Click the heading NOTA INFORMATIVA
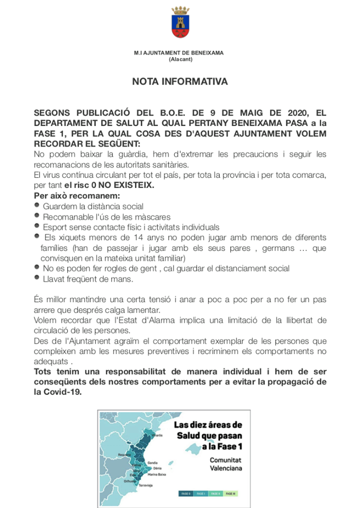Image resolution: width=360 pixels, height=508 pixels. click(x=180, y=82)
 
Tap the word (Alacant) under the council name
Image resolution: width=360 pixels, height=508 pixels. click(x=180, y=59)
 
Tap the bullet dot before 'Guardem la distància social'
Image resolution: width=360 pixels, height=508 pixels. click(x=37, y=205)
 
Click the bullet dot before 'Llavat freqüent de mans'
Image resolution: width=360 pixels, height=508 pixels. click(x=37, y=278)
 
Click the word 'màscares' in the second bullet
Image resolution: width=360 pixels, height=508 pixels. click(x=152, y=216)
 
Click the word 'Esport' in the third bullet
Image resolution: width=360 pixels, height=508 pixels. click(x=55, y=227)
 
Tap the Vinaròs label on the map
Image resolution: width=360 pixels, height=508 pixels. click(x=157, y=436)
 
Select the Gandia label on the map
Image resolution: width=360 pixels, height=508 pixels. click(x=152, y=462)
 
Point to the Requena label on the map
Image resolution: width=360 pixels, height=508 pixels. click(x=124, y=455)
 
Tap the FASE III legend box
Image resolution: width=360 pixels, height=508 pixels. click(x=230, y=493)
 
